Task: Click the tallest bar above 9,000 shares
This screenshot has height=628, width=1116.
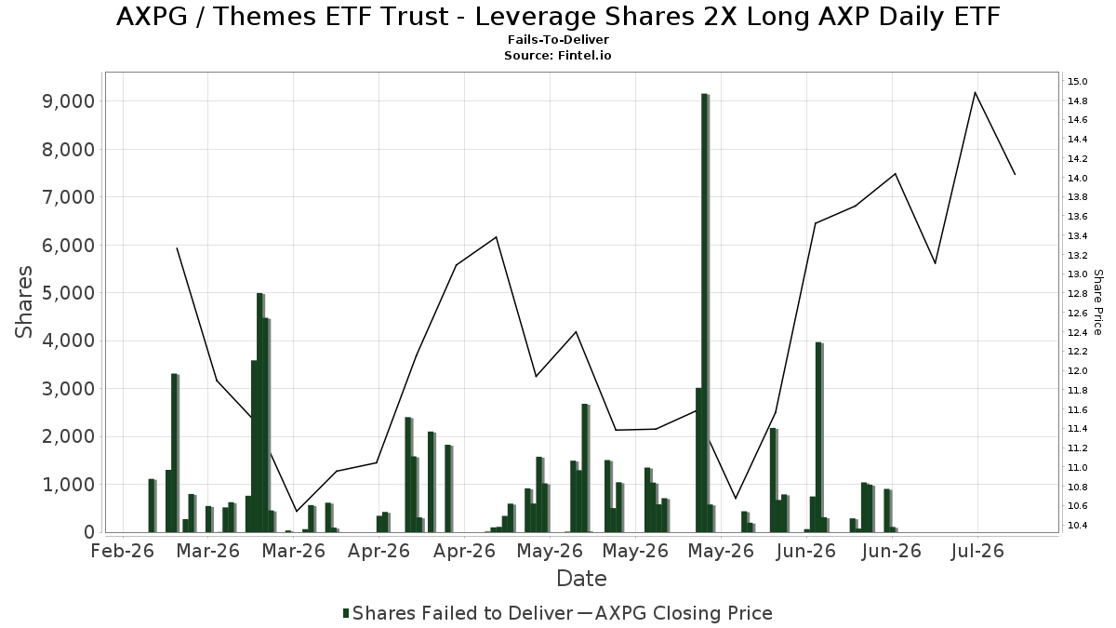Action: (x=705, y=313)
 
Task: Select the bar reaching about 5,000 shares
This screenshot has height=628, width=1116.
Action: (x=259, y=413)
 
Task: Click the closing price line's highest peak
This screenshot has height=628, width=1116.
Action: (x=975, y=92)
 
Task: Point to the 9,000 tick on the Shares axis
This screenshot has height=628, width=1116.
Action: (x=68, y=101)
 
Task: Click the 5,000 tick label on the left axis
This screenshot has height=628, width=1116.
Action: (x=68, y=293)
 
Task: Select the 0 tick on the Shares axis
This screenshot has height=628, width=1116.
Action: (x=89, y=532)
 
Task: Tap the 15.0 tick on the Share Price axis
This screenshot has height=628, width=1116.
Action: (x=1077, y=81)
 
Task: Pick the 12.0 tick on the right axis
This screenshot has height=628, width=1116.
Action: (x=1077, y=371)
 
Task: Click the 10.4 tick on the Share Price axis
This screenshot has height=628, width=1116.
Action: (x=1077, y=526)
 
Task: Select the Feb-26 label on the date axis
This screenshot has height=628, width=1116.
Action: (x=123, y=551)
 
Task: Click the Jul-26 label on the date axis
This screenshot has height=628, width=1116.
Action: (x=977, y=551)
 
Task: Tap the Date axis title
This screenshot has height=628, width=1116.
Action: (x=581, y=579)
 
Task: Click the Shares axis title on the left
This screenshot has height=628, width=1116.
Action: (x=23, y=302)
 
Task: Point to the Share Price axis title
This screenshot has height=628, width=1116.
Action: (x=1097, y=302)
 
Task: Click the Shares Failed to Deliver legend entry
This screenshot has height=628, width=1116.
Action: (x=458, y=613)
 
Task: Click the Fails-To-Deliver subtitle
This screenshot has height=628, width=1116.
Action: (x=558, y=39)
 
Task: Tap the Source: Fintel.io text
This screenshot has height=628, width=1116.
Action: (x=558, y=55)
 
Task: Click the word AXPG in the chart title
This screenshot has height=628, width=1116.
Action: (x=152, y=17)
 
